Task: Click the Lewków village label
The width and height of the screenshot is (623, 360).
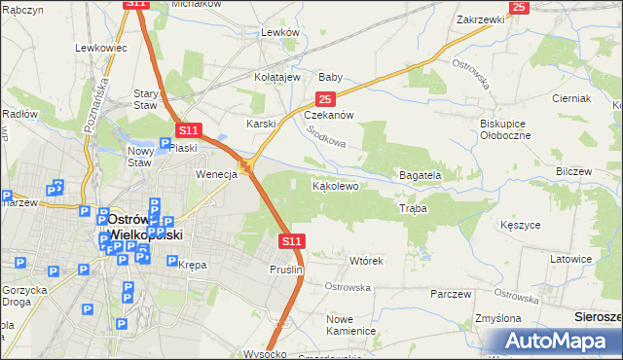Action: point(278,32)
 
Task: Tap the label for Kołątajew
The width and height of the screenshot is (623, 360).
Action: point(282,77)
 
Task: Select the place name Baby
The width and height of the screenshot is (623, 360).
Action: point(331,77)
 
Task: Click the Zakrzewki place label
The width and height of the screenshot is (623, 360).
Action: point(479,19)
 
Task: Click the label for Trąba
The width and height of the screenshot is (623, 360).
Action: point(413,209)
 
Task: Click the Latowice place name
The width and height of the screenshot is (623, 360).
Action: point(571,259)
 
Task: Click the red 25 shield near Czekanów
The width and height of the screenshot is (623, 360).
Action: point(325,99)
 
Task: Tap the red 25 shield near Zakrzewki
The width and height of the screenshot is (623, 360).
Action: point(518,7)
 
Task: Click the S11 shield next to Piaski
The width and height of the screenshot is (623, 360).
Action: point(189,129)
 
